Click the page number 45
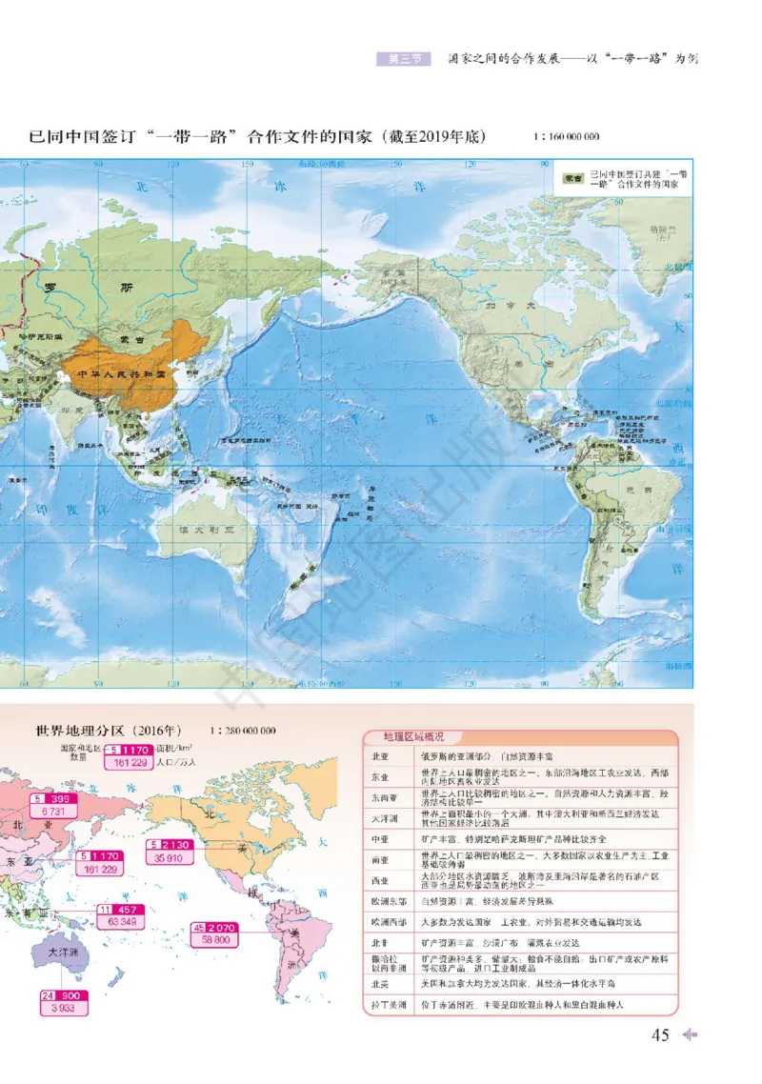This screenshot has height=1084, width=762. point(660,1035)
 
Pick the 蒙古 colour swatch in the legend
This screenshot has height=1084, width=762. point(572,178)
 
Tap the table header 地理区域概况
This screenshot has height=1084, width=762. point(412,737)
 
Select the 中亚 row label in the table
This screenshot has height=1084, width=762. point(380,839)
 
